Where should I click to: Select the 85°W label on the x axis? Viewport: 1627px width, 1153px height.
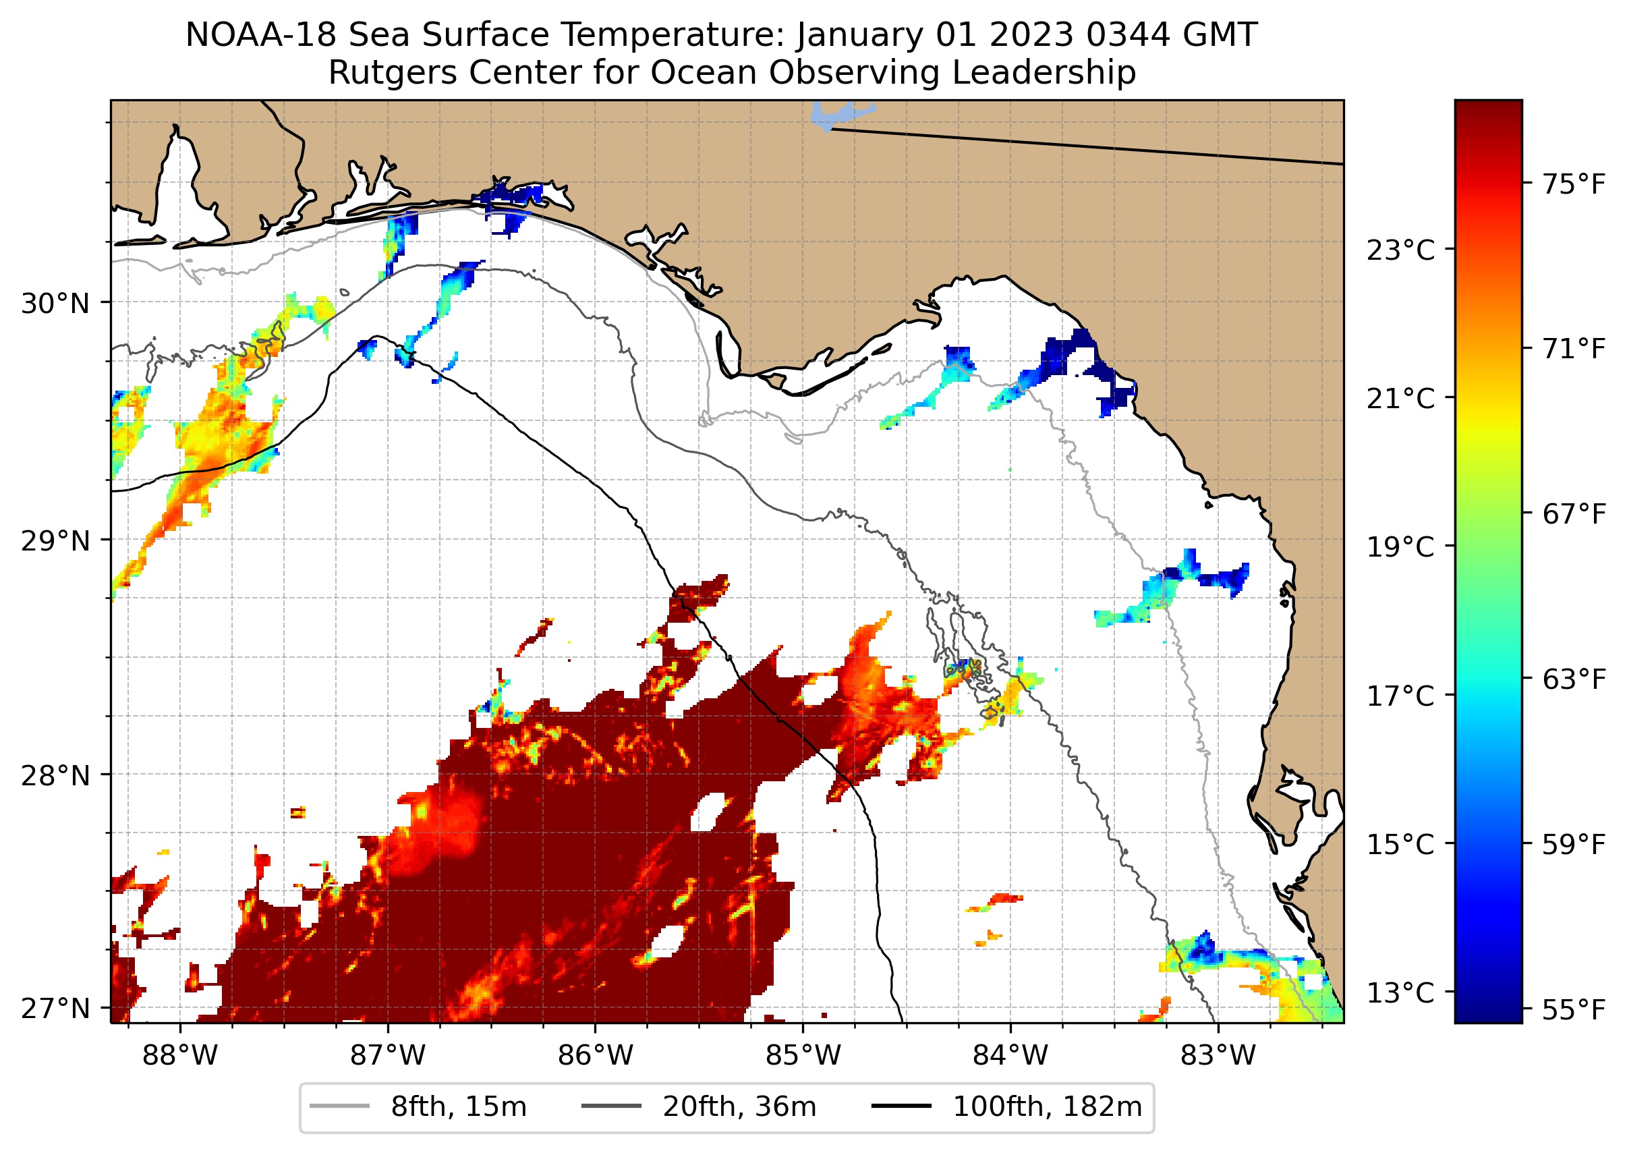(803, 1055)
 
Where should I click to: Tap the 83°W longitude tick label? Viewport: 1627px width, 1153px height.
(1218, 1055)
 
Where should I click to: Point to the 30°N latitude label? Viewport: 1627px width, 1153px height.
(55, 304)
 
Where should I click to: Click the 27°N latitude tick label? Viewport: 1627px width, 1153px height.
(55, 1008)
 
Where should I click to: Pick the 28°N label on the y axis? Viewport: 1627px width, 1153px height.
(55, 776)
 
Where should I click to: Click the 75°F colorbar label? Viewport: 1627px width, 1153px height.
(1573, 185)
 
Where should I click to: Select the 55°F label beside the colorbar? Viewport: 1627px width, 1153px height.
(1573, 1009)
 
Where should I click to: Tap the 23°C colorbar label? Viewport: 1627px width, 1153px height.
(1400, 250)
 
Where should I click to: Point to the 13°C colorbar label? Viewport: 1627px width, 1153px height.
(1400, 992)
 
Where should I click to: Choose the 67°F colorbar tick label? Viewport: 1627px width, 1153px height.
(1573, 514)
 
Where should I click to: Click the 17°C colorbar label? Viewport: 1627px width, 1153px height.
(1400, 696)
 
